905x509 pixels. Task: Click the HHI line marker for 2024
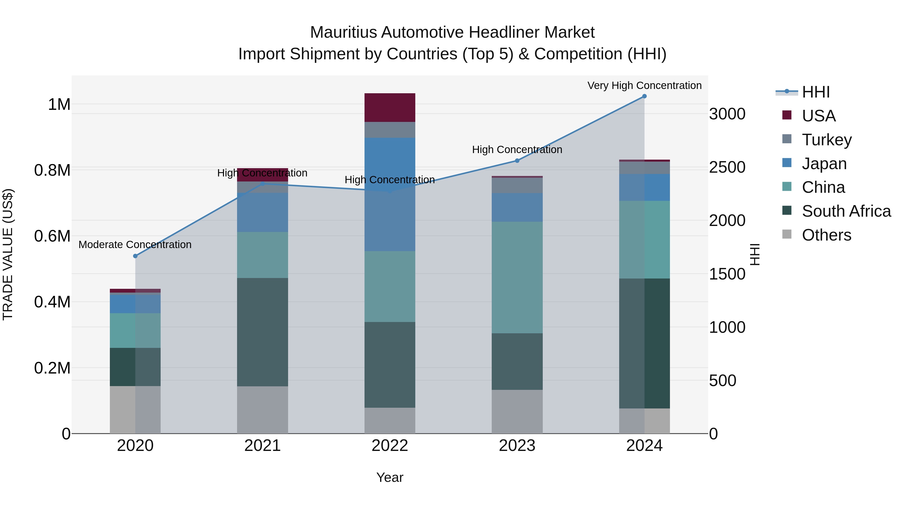644,96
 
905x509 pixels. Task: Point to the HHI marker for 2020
135,256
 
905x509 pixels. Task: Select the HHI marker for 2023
517,161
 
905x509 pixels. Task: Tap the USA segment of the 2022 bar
390,108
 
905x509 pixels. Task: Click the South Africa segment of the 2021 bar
262,332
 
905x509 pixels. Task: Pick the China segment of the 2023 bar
517,277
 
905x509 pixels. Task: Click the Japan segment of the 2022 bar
390,194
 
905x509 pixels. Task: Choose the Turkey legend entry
827,140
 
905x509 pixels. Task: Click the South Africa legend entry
846,211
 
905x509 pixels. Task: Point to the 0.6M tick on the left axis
52,236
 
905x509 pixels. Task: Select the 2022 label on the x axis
390,446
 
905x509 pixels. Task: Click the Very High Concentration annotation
644,85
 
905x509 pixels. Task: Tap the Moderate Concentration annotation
135,245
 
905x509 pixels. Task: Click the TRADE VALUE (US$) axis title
8,254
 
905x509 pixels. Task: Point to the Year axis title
390,477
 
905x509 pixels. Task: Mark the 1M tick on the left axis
59,104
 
